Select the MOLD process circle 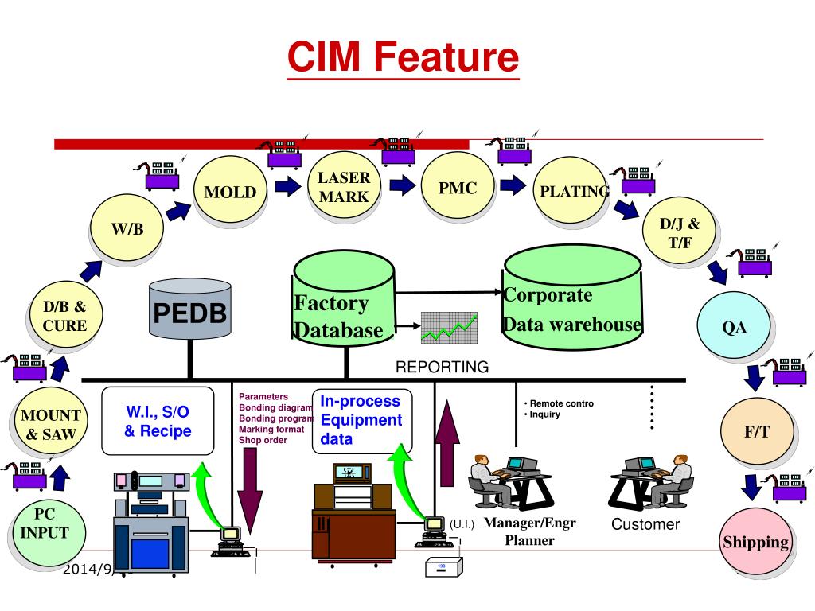pyautogui.click(x=229, y=192)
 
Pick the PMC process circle pyautogui.click(x=458, y=188)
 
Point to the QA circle pyautogui.click(x=734, y=327)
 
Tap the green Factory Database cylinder pyautogui.click(x=343, y=301)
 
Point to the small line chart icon pyautogui.click(x=449, y=327)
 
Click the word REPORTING pyautogui.click(x=443, y=367)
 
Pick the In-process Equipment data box pyautogui.click(x=361, y=420)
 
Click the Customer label pyautogui.click(x=645, y=524)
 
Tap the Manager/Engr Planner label pyautogui.click(x=529, y=531)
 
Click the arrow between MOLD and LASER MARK pyautogui.click(x=284, y=187)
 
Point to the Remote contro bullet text pyautogui.click(x=559, y=403)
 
